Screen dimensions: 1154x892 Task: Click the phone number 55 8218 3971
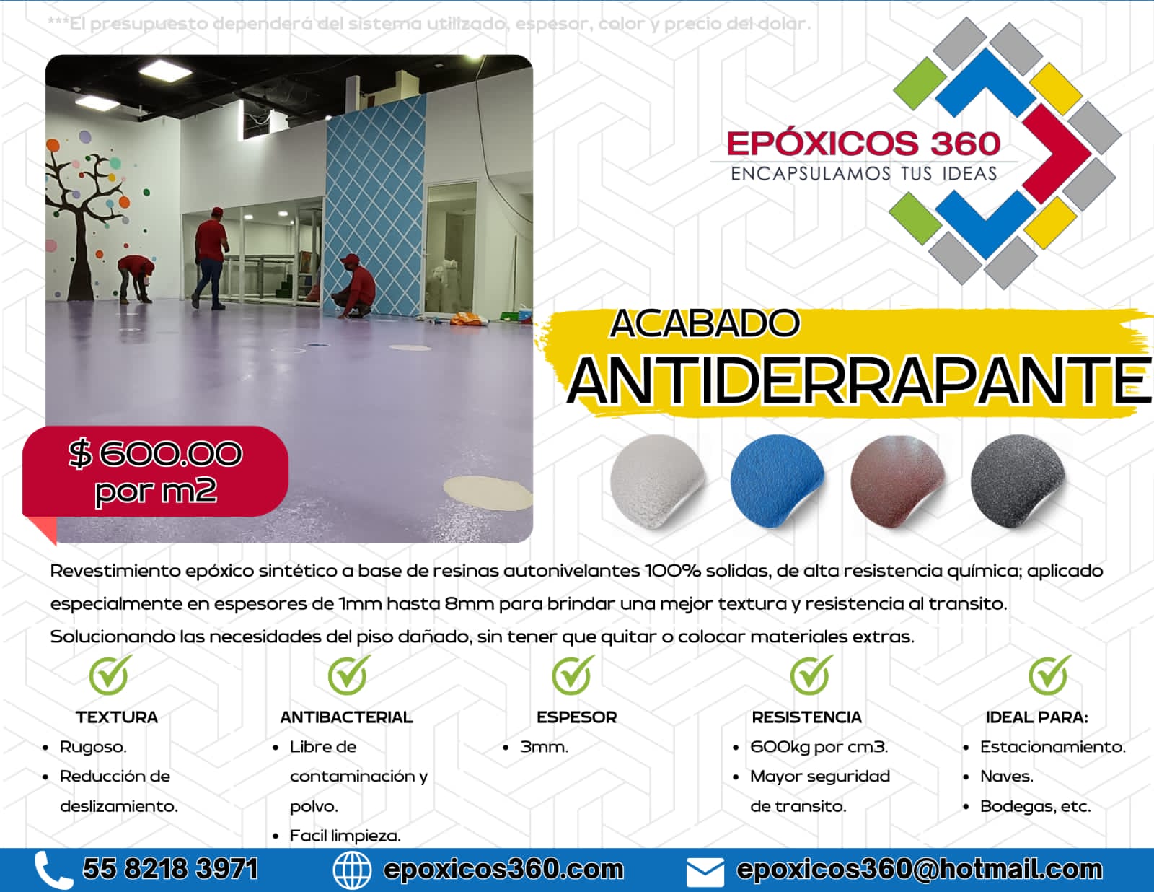pyautogui.click(x=170, y=869)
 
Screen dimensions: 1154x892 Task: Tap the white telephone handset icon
pyautogui.click(x=53, y=870)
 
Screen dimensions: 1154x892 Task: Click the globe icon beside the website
pyautogui.click(x=351, y=870)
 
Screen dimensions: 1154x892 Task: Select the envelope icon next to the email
pyautogui.click(x=705, y=872)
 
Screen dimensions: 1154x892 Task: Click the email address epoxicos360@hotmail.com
pyautogui.click(x=920, y=870)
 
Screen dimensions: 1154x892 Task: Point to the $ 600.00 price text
pyautogui.click(x=155, y=454)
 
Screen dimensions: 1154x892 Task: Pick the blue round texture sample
pyautogui.click(x=777, y=481)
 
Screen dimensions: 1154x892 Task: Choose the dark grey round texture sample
pyautogui.click(x=1018, y=481)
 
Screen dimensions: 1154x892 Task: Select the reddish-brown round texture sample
pyautogui.click(x=897, y=481)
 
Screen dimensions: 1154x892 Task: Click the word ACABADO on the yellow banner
pyautogui.click(x=705, y=323)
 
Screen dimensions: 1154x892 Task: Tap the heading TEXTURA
pyautogui.click(x=117, y=717)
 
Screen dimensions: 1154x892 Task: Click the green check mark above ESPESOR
pyautogui.click(x=573, y=675)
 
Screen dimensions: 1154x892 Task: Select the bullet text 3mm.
pyautogui.click(x=544, y=747)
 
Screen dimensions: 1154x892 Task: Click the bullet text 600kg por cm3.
pyautogui.click(x=819, y=747)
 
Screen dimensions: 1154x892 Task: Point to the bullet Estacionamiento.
pyautogui.click(x=1053, y=747)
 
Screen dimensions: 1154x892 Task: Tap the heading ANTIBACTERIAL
pyautogui.click(x=346, y=717)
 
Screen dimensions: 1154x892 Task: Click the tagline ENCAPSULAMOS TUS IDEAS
pyautogui.click(x=864, y=174)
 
